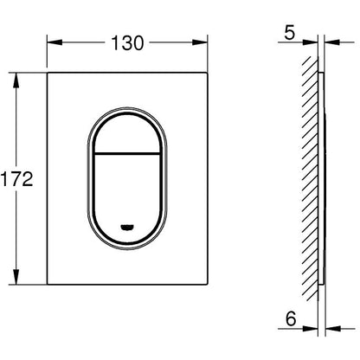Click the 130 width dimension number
point(127,43)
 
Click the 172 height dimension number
point(16,179)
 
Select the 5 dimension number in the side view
point(290,33)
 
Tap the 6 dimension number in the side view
point(291,318)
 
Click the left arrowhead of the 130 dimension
point(55,42)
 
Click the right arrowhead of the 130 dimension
point(200,42)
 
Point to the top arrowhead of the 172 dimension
point(16,80)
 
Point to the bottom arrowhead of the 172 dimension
point(16,277)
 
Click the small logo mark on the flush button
point(127,228)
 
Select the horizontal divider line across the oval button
point(127,153)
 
